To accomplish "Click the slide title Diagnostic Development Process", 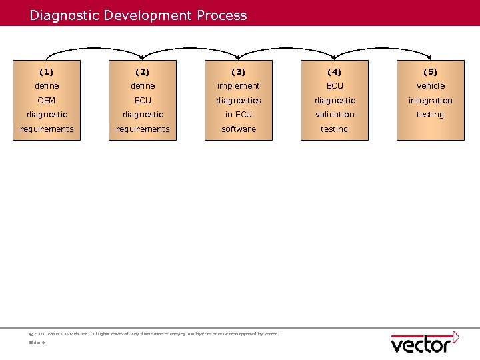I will point(138,15).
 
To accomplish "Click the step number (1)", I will point(47,71).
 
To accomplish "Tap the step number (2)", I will point(143,71).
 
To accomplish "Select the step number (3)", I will point(239,71).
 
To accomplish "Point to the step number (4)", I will point(335,71).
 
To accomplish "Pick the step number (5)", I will point(431,71).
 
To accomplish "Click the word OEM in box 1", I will point(47,100).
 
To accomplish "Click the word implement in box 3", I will point(239,86).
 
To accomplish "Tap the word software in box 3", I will point(239,129).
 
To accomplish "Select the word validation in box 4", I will point(335,115).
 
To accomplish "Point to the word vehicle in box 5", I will point(431,86).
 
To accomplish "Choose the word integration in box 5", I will point(431,100).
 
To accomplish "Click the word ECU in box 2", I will point(143,100).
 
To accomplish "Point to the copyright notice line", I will point(154,333).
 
